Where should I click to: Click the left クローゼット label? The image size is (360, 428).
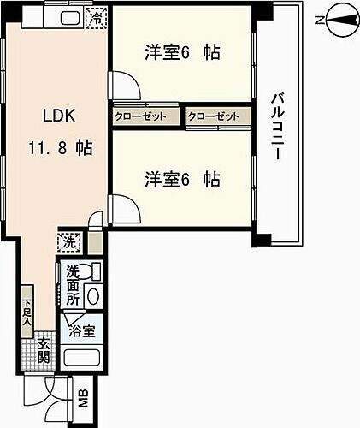coord(145,115)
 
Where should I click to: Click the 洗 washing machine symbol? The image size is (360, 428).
coord(66,242)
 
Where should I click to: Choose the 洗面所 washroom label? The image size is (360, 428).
coord(73,287)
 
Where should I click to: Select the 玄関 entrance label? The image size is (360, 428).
coord(44,351)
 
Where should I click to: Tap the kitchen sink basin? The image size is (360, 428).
coord(68,18)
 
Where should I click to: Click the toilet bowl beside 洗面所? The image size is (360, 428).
coord(94,295)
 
